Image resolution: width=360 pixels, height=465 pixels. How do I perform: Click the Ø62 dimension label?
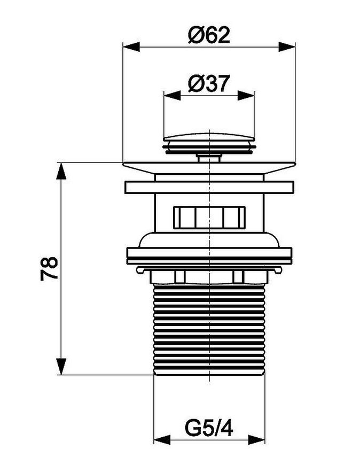click(x=209, y=35)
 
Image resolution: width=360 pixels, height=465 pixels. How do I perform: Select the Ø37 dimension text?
click(x=209, y=83)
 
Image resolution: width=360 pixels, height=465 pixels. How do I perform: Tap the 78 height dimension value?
click(x=49, y=269)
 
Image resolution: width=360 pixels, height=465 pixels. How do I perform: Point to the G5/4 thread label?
click(x=209, y=428)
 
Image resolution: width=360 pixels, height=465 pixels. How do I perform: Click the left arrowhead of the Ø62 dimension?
click(x=131, y=47)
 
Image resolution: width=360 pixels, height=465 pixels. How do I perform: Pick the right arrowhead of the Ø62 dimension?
click(x=287, y=47)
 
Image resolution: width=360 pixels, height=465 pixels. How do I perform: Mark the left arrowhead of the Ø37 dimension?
click(x=172, y=96)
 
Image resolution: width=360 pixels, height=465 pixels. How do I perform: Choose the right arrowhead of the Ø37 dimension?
click(x=246, y=96)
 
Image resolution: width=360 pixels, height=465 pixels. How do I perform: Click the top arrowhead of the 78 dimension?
click(x=61, y=171)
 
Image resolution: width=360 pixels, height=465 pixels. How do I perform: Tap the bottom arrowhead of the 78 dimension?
click(x=61, y=367)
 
